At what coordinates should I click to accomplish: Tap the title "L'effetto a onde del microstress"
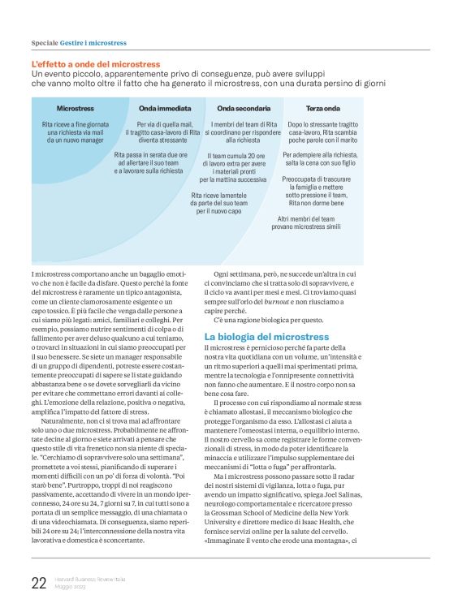click(96, 64)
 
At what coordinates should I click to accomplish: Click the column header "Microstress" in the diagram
click(75, 108)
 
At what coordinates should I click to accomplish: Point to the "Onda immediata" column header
click(165, 108)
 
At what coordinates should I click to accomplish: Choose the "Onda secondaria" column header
click(244, 108)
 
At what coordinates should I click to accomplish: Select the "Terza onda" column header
click(322, 108)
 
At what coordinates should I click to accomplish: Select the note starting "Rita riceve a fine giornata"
click(75, 132)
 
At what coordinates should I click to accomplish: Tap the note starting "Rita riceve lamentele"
click(218, 203)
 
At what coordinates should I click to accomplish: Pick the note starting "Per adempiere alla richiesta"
click(320, 158)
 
